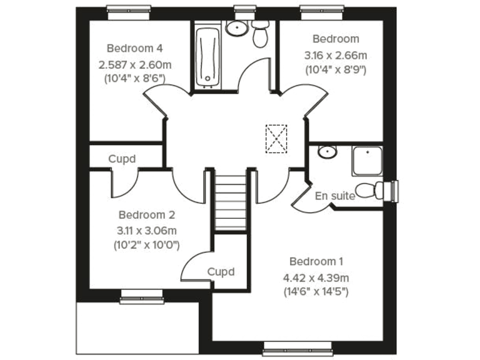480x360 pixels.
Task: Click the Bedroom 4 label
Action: coord(135,48)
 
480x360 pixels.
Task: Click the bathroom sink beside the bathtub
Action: coord(237,28)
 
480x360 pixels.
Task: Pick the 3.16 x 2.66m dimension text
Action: coord(336,54)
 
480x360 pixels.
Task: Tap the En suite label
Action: coord(335,196)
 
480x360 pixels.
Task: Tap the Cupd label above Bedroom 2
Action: coord(122,159)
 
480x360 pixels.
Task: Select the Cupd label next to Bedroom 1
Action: coord(221,272)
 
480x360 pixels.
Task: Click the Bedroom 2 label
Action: coord(146,214)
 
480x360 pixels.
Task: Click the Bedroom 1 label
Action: coord(316,261)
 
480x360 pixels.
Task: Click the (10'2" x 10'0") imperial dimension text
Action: coord(146,244)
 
